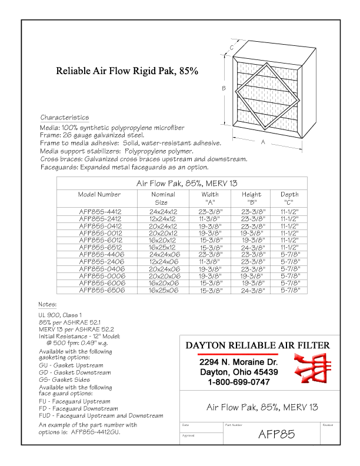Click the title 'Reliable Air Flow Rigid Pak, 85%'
pyautogui.click(x=126, y=71)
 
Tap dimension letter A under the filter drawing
pyautogui.click(x=263, y=142)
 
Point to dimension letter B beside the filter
pyautogui.click(x=224, y=88)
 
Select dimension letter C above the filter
pyautogui.click(x=232, y=48)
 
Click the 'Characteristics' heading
pyautogui.click(x=65, y=118)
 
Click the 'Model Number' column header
pyautogui.click(x=99, y=194)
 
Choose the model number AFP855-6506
pyautogui.click(x=99, y=290)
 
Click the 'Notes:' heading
pyautogui.click(x=48, y=305)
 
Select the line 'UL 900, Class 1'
pyautogui.click(x=61, y=315)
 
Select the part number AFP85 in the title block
pyautogui.click(x=276, y=435)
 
